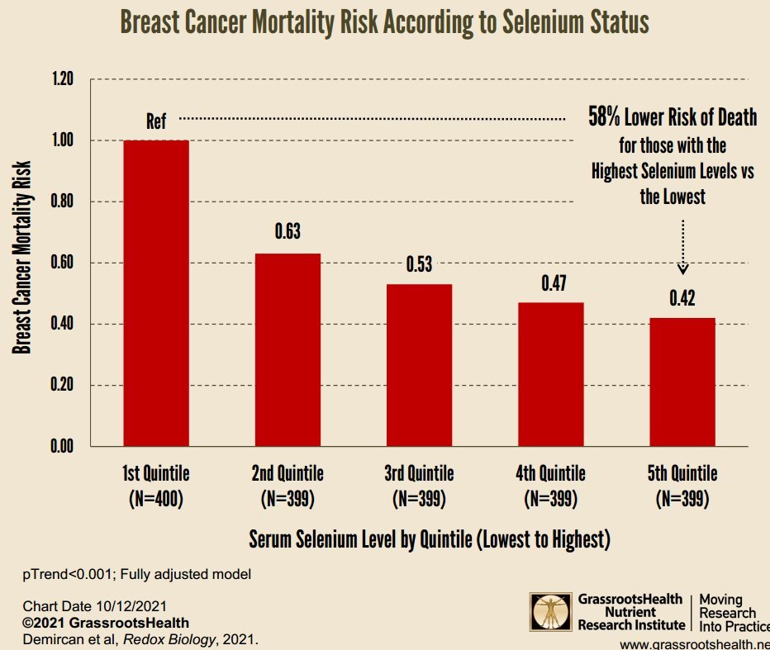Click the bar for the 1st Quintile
click(156, 293)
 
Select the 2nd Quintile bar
click(287, 349)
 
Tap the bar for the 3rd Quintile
click(419, 365)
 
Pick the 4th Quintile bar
click(551, 374)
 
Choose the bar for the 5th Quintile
click(682, 382)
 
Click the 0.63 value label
click(287, 233)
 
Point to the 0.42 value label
click(682, 297)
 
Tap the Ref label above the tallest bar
click(156, 121)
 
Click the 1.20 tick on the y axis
click(62, 79)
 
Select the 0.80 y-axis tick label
click(62, 202)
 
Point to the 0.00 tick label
click(62, 446)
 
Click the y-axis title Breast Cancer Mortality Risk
click(22, 263)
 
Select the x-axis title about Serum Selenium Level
click(429, 539)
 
